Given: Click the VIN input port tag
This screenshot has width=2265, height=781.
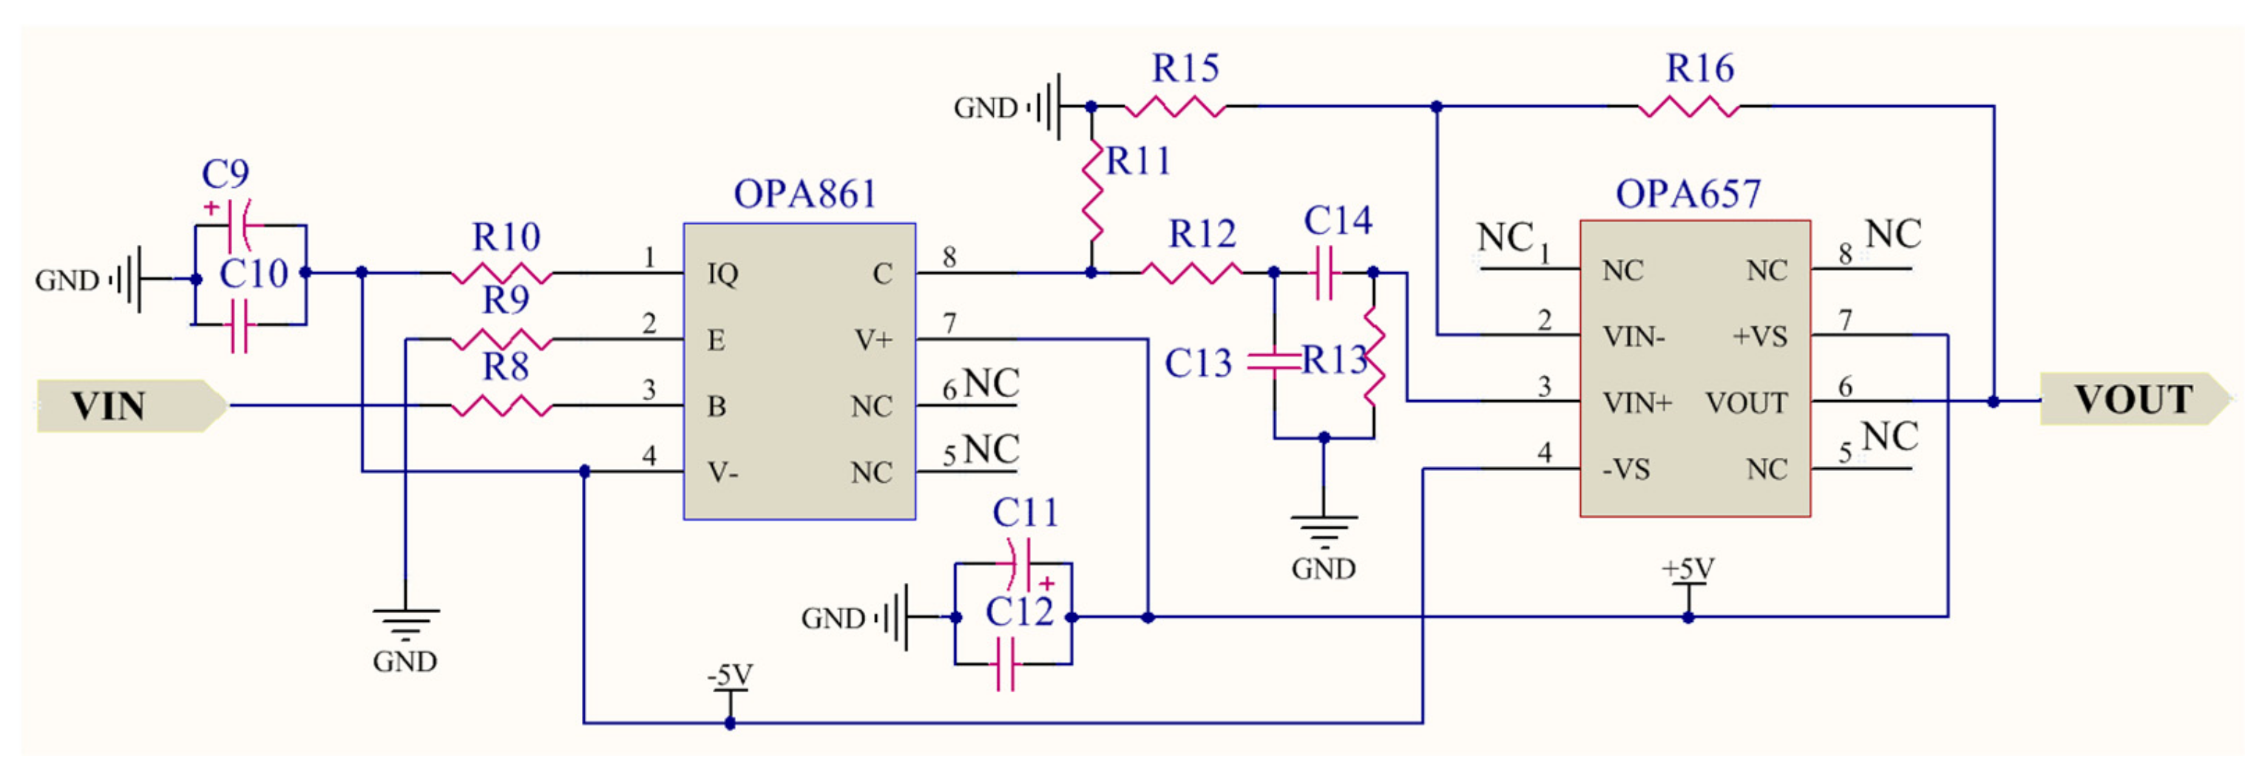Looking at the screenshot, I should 130,405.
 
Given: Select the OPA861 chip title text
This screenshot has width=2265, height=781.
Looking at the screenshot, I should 805,195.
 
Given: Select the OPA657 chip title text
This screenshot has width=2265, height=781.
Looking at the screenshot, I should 1687,195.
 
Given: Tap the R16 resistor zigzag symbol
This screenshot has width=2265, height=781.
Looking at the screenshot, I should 1688,106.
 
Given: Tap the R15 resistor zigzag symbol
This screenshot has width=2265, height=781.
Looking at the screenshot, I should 1175,106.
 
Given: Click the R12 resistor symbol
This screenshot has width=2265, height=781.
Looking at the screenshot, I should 1191,273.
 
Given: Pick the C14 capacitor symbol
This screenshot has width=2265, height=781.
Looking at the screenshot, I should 1324,273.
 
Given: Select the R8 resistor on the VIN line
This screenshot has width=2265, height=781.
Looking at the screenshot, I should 501,405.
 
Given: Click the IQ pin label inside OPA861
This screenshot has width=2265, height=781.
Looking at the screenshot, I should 722,274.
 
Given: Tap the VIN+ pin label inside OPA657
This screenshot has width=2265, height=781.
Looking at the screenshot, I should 1636,403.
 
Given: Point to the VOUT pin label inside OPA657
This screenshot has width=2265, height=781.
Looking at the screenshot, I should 1746,403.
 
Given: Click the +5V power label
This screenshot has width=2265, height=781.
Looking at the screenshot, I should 1687,569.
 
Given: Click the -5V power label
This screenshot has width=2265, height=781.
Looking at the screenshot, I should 730,675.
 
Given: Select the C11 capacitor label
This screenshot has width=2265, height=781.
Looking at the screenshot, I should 1024,513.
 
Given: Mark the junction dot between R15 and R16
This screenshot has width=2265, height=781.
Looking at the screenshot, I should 1436,106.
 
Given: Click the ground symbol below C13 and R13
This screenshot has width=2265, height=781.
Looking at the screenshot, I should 1324,528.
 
